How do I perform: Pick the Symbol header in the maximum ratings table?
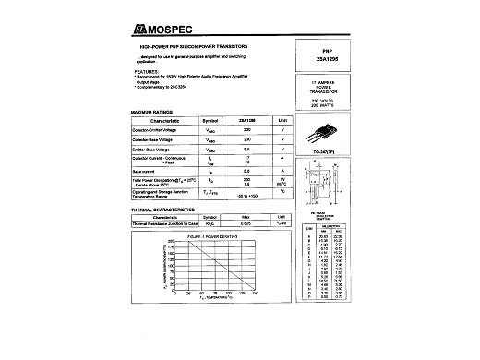[x=210, y=120]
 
